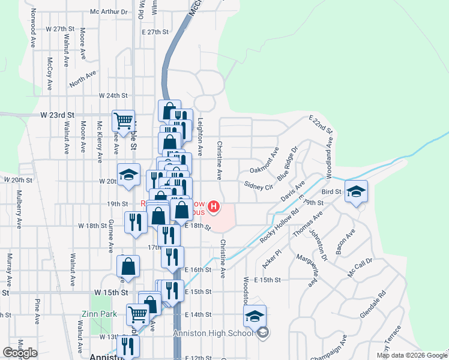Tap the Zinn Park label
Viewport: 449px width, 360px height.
(x=99, y=314)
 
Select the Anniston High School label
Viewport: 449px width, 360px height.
(x=212, y=334)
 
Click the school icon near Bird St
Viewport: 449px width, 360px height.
(x=356, y=191)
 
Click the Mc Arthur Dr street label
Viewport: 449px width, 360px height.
(x=109, y=11)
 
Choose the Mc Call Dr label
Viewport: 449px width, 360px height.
(x=360, y=268)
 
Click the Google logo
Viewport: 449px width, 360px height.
(x=20, y=353)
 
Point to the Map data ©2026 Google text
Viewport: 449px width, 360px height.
(x=411, y=355)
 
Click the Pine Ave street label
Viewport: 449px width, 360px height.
(x=37, y=309)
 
